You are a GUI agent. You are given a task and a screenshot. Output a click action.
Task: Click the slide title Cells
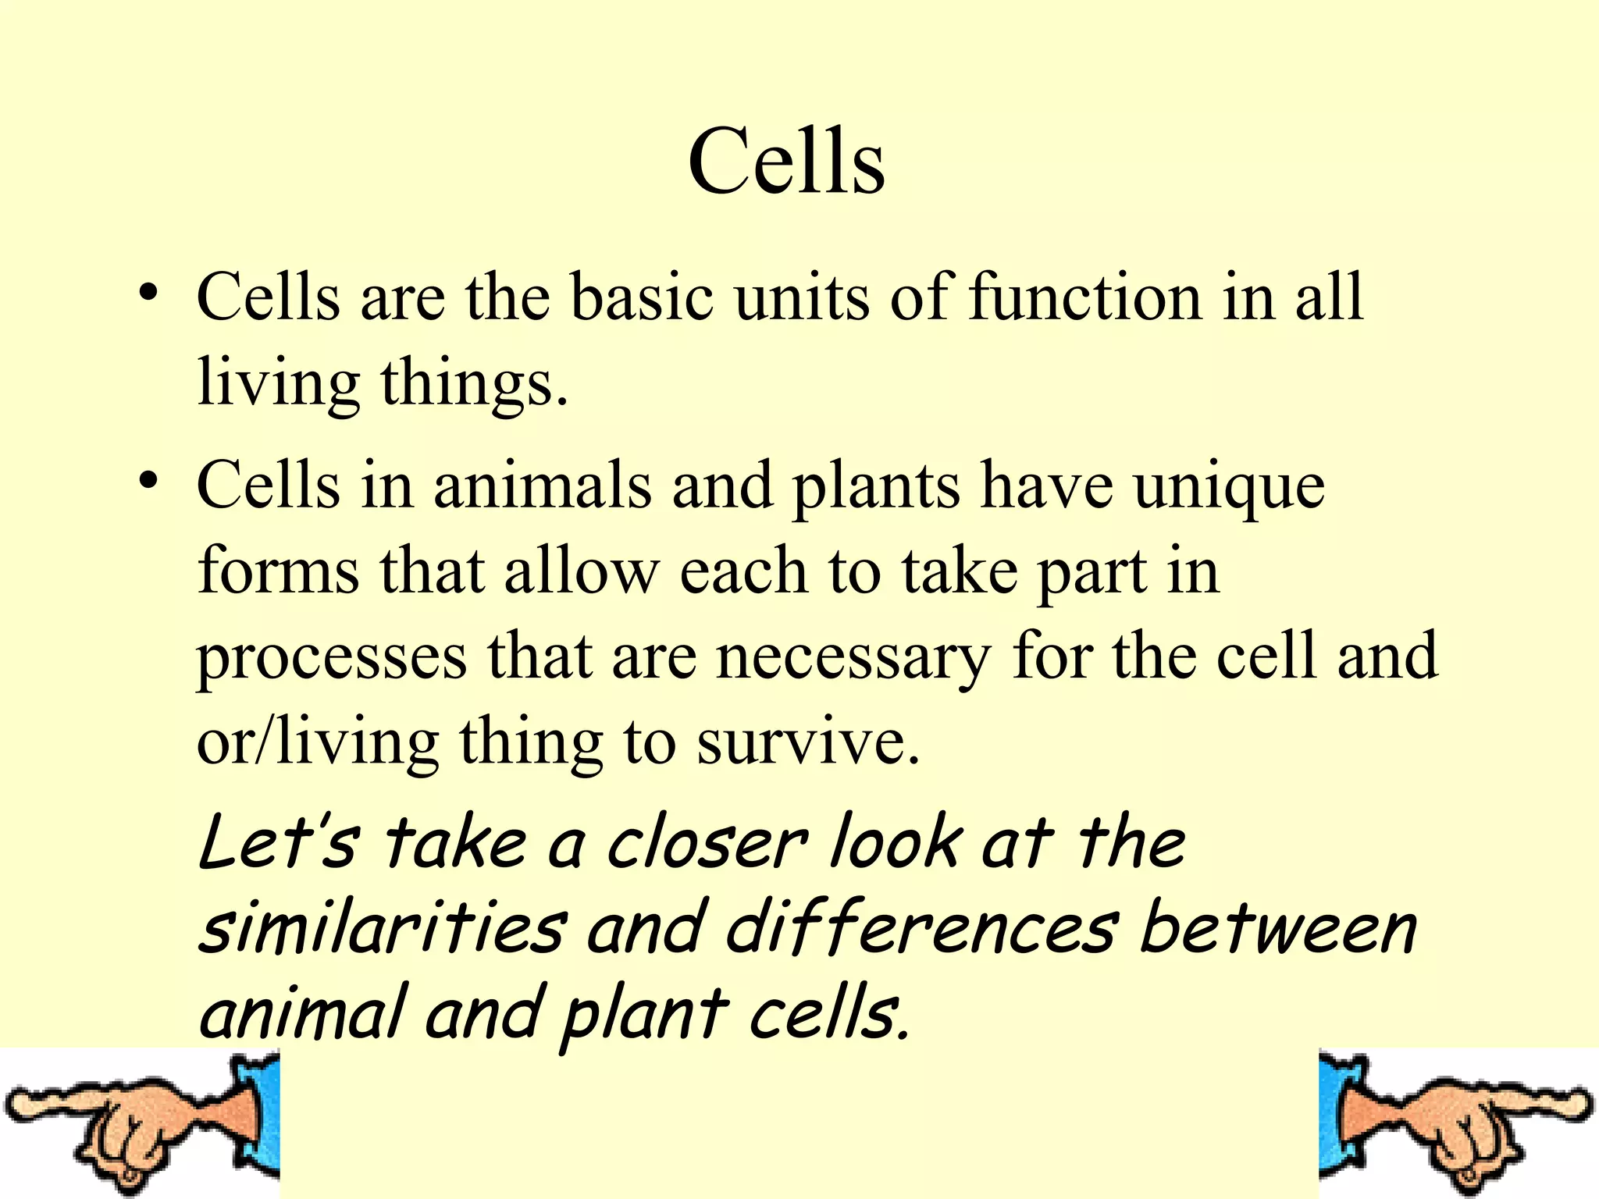786,162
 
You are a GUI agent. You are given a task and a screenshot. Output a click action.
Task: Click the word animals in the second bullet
542,486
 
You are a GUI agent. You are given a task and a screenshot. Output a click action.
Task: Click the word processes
332,658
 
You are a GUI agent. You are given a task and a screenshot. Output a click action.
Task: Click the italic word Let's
280,843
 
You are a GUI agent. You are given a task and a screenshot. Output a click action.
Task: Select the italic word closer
707,843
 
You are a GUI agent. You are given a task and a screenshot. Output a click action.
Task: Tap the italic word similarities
383,929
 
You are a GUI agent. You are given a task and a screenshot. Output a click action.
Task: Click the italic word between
1278,929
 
